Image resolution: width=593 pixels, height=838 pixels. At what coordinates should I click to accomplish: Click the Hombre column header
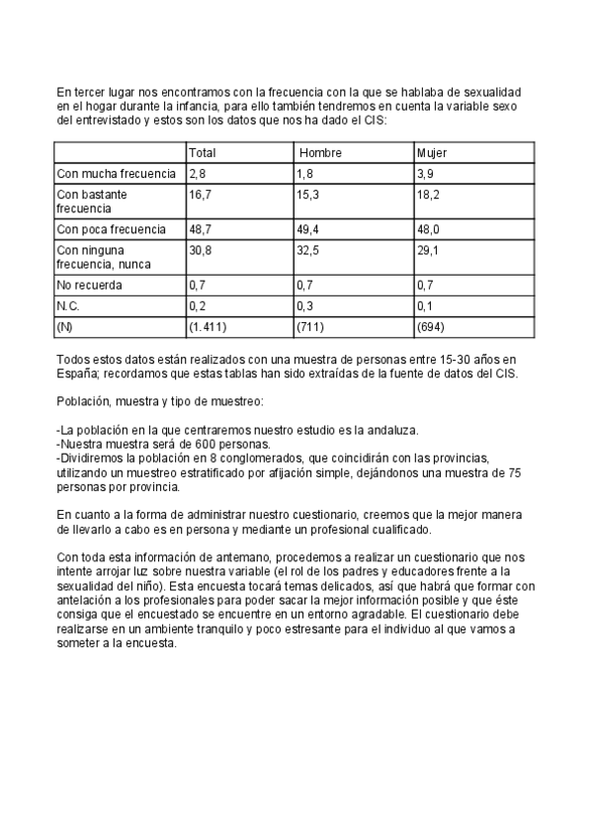[320, 153]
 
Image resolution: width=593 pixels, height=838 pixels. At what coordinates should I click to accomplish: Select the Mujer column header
[432, 153]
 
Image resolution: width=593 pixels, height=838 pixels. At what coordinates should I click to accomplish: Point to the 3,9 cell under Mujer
[425, 174]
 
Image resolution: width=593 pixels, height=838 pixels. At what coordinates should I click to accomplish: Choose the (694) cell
[431, 326]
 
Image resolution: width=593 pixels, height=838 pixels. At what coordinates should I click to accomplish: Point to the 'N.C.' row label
[68, 306]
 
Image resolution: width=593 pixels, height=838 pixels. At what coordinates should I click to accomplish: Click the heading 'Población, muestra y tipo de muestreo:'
[159, 403]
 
